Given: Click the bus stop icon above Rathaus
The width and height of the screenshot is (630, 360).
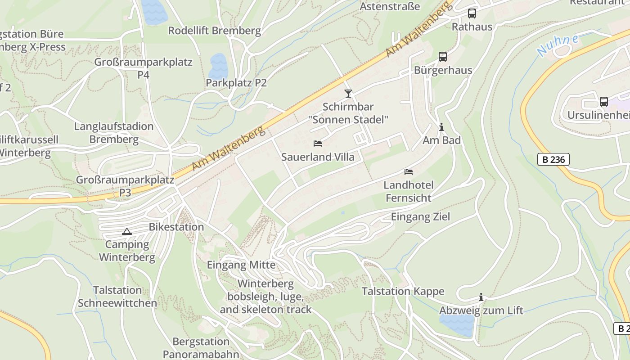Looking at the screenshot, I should (x=472, y=13).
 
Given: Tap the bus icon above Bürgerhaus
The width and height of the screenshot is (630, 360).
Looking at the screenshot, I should (x=443, y=57).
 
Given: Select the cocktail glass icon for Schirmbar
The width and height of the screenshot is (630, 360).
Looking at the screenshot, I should (x=348, y=93).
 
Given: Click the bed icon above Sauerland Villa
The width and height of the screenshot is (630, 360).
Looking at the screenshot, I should (x=318, y=144).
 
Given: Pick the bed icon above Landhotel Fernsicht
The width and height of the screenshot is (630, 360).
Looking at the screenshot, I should (x=409, y=171).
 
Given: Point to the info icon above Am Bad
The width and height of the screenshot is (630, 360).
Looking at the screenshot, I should (x=441, y=127).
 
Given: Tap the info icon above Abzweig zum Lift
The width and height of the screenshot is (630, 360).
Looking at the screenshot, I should (x=481, y=297).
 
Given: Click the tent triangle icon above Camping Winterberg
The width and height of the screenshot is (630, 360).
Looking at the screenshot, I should (x=126, y=232).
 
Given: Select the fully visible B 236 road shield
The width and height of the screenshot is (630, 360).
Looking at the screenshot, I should (x=553, y=159).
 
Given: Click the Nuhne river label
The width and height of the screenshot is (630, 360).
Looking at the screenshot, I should (x=558, y=45).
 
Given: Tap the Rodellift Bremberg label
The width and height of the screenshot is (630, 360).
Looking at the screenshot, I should (x=214, y=31).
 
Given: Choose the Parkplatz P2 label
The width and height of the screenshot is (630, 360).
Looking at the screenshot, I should (x=236, y=83).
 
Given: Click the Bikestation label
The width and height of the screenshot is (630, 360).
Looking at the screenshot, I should (x=176, y=227).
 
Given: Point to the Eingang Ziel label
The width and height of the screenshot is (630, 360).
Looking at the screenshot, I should (x=420, y=216).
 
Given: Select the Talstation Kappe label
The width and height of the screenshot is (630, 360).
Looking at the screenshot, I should (x=403, y=291).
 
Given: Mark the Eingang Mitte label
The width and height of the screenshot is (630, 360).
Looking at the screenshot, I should (x=241, y=265).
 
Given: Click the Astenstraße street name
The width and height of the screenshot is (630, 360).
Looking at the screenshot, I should (x=390, y=6).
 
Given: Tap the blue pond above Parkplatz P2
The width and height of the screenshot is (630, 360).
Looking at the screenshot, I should (x=218, y=66).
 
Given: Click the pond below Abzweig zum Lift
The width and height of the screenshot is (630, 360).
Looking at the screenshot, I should (x=456, y=324).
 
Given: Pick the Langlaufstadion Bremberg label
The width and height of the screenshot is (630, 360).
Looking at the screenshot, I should (x=114, y=133).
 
